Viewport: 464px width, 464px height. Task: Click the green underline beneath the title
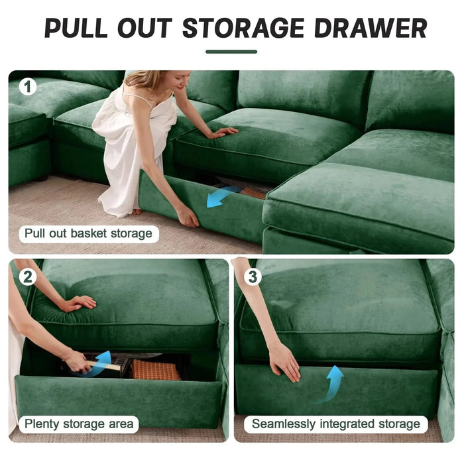click(x=231, y=51)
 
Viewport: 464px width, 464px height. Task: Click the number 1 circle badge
click(x=27, y=87)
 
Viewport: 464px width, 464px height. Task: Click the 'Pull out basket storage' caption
click(x=88, y=233)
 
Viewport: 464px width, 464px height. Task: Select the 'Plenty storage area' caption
click(x=79, y=424)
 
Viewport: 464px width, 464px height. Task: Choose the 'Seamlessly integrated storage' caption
click(x=336, y=424)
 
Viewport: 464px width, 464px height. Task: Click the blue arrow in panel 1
click(x=222, y=196)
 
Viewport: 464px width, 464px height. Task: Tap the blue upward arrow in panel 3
click(x=335, y=381)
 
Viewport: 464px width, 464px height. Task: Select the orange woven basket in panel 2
click(x=156, y=370)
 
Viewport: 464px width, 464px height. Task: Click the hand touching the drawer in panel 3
click(x=284, y=363)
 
